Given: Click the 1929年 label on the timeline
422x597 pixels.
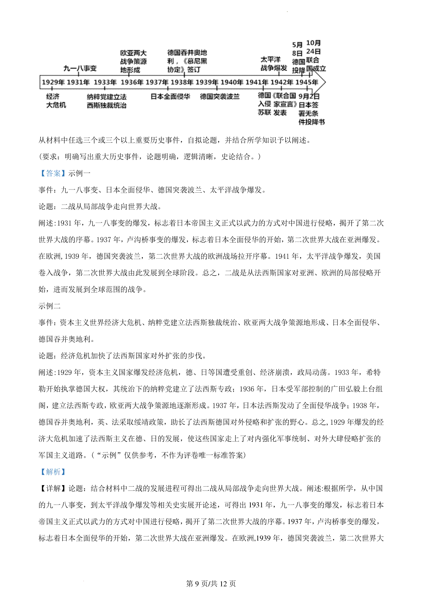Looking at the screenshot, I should [53, 82].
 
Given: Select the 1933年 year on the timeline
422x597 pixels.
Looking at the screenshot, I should [105, 82].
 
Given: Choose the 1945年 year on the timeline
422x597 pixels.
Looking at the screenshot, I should [307, 82].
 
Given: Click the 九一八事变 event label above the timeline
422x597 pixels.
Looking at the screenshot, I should [80, 68].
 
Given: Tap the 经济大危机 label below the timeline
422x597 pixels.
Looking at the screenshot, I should [56, 101].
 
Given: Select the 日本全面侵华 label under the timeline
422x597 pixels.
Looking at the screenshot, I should [170, 96].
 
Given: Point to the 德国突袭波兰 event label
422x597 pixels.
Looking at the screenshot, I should [220, 96].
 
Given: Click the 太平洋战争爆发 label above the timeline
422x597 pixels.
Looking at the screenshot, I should [274, 64].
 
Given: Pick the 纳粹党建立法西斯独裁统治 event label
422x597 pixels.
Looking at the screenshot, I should [107, 101].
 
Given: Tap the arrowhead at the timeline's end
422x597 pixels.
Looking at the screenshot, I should [323, 82].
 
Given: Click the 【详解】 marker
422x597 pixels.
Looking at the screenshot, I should [53, 488].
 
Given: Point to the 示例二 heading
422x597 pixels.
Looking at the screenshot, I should [50, 306].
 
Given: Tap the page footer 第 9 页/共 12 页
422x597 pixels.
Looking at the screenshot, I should [211, 584].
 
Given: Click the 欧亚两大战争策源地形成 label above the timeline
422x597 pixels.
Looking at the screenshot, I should [133, 62].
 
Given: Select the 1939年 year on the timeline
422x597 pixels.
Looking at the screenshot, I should [207, 82].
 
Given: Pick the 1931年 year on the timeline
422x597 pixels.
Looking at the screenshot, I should [78, 82].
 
